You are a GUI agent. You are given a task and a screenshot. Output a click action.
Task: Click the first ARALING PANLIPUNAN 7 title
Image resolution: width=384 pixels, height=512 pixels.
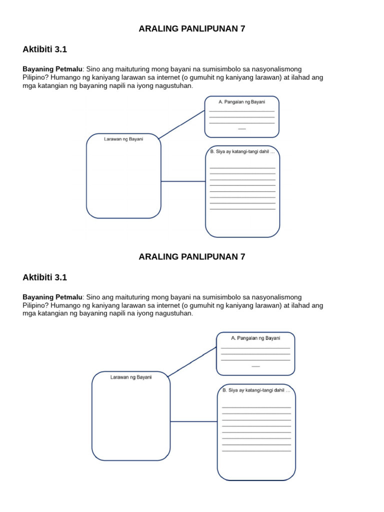point(192,28)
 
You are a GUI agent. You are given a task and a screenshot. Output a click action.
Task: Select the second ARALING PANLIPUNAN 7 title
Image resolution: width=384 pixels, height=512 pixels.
point(192,256)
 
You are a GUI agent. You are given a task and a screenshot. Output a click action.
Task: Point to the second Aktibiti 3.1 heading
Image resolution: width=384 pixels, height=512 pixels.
point(44,277)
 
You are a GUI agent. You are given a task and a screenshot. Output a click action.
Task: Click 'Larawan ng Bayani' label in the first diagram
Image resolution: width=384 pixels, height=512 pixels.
point(123,139)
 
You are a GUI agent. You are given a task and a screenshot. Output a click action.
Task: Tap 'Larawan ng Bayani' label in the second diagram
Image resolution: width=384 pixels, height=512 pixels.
point(131,377)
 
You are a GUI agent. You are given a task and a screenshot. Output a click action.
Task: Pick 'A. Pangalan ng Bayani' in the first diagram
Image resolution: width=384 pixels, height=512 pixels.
point(242,102)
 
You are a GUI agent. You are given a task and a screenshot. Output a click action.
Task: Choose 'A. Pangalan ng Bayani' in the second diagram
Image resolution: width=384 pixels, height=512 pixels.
point(255,338)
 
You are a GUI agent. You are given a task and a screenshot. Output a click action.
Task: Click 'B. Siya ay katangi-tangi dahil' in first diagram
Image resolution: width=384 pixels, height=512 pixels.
point(242,151)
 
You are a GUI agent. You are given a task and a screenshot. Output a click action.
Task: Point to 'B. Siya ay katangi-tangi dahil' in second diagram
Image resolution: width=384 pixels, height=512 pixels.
point(256,390)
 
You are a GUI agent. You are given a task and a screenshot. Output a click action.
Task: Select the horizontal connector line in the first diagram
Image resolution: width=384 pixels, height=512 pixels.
point(183,181)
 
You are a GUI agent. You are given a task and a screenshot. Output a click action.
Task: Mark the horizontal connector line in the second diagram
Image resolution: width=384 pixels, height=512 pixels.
point(193,421)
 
